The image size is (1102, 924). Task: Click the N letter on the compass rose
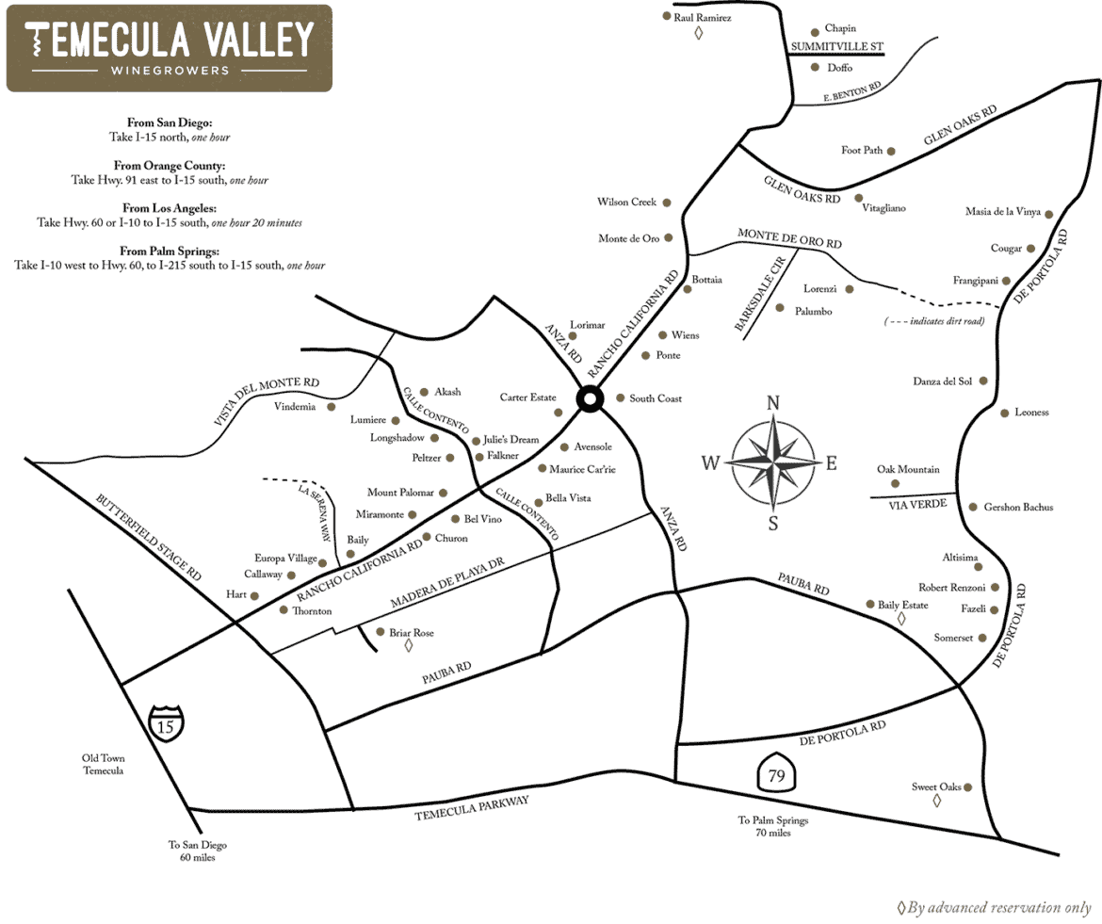[773, 403]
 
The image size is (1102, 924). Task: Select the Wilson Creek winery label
[626, 203]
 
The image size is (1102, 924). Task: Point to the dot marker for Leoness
[1005, 413]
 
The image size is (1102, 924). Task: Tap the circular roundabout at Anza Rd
[590, 400]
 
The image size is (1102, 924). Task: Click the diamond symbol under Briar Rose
[408, 647]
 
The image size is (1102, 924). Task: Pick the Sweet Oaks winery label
[935, 786]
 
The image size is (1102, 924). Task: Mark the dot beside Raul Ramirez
[666, 16]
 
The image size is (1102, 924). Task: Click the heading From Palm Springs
[170, 251]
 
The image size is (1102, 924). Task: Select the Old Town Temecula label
[103, 764]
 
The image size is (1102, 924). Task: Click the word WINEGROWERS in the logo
[170, 71]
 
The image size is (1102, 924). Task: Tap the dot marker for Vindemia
[331, 407]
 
